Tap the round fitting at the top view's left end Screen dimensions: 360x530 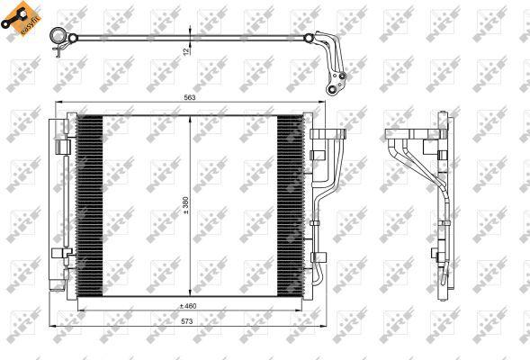tap(60, 37)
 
